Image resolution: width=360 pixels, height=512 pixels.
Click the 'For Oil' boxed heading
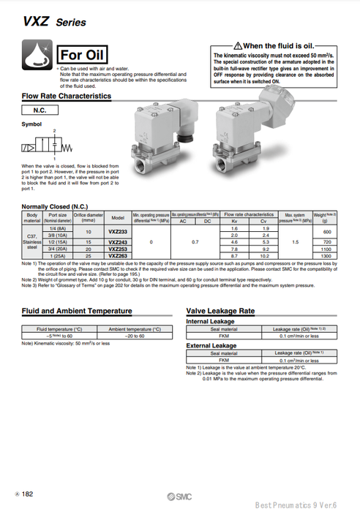point(83,55)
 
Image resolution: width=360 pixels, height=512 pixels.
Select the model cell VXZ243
point(117,241)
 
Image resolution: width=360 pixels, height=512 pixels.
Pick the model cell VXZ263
point(117,256)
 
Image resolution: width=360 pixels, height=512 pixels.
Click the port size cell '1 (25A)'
point(58,256)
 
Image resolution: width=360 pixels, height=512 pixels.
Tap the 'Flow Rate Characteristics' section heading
point(66,96)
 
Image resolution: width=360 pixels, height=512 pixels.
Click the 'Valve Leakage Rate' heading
point(220,311)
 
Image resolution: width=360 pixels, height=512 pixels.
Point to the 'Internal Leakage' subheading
point(211,321)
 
